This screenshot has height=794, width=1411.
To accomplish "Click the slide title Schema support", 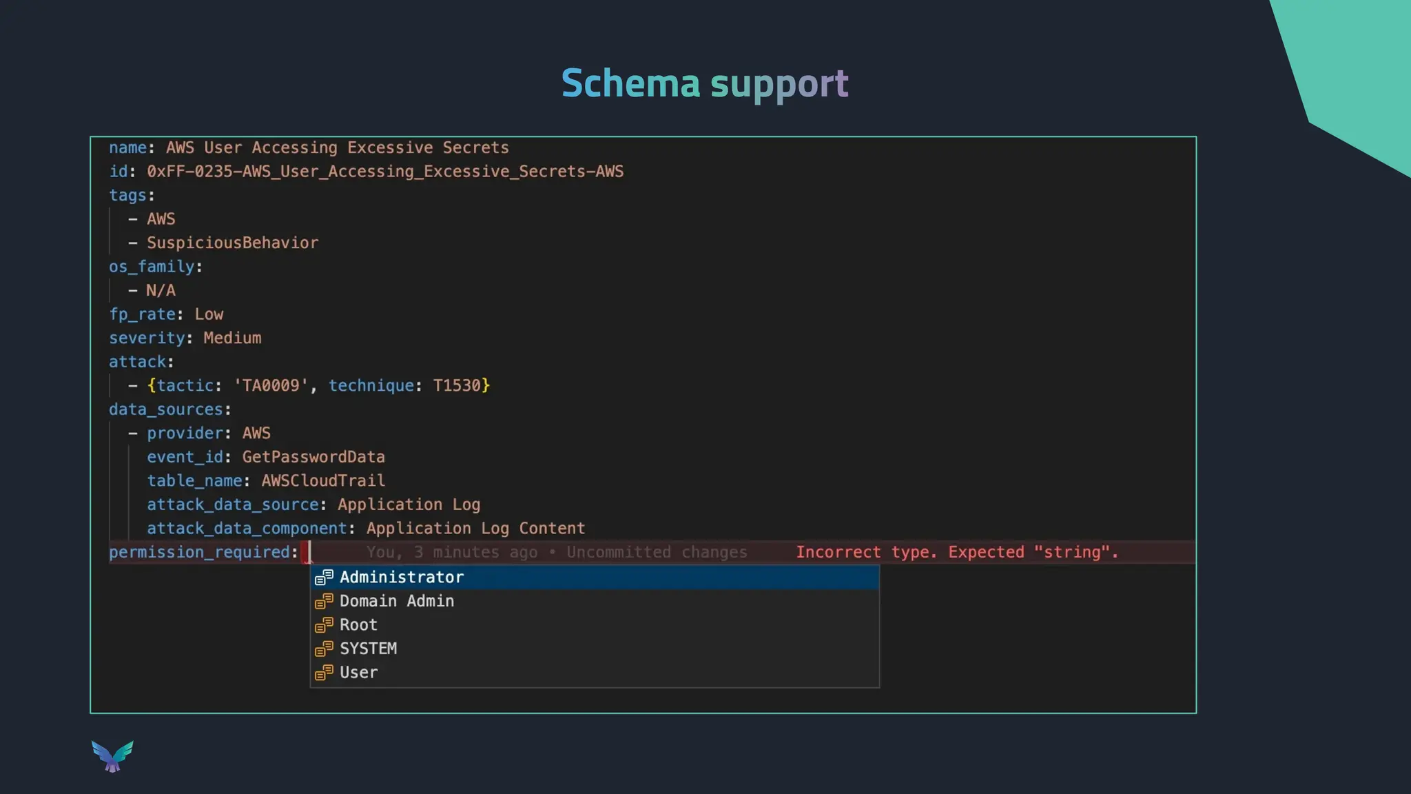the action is point(705,83).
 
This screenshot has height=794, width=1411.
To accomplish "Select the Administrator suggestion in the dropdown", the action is point(402,578).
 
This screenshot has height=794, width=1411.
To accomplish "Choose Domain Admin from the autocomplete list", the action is point(397,601).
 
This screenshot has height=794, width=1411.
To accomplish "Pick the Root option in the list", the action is point(358,625).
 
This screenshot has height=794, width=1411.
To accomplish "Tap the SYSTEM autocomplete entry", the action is point(368,649).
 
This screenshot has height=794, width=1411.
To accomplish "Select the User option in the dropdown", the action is point(358,673).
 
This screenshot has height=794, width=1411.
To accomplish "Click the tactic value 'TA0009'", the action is point(271,385).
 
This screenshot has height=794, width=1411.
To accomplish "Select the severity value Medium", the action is point(232,338).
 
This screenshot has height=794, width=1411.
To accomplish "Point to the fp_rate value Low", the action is point(209,314).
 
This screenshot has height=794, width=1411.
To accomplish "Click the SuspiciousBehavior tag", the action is point(232,243).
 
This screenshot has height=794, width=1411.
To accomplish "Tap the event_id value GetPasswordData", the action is point(313,457).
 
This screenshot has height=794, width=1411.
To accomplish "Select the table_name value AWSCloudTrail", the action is point(323,480).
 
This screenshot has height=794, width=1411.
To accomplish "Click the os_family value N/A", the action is point(161,290).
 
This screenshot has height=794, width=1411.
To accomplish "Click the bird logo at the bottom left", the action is point(112,756).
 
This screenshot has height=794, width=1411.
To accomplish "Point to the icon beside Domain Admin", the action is point(324,601).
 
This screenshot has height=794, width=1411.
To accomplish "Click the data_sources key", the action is point(166,409).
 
